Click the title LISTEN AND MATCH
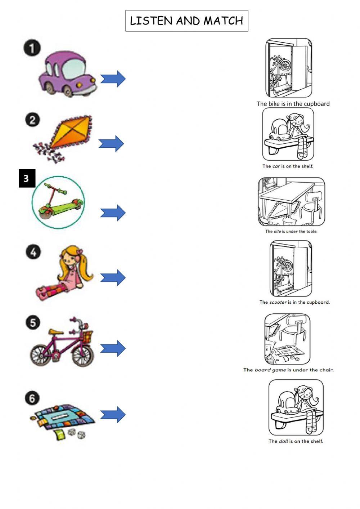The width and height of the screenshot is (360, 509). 186,21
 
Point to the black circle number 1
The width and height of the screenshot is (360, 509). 32,48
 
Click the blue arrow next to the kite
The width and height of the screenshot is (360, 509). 111,143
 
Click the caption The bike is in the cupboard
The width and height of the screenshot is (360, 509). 293,104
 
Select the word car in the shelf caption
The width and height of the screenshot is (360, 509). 276,166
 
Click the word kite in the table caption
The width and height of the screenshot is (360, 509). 277,232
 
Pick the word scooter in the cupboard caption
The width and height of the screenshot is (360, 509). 278,302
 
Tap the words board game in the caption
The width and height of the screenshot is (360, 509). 270,370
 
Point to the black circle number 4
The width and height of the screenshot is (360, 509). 33,252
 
